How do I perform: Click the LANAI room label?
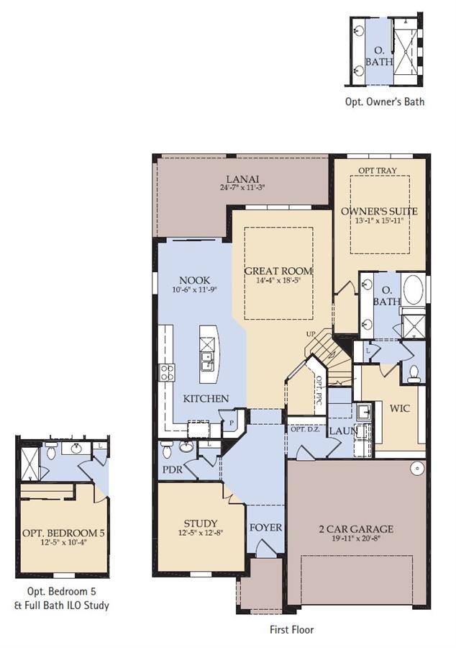click(x=242, y=179)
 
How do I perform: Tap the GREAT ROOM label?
click(x=278, y=271)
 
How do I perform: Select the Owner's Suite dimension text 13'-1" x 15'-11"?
click(x=379, y=221)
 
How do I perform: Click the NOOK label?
click(x=194, y=281)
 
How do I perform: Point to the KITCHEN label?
click(x=206, y=399)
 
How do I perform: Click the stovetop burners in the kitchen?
click(x=167, y=372)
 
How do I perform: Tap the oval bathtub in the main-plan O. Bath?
click(x=413, y=290)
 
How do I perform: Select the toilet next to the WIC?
click(x=413, y=373)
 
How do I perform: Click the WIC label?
click(x=400, y=409)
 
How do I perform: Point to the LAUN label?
click(x=343, y=431)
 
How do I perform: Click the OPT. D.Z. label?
click(x=305, y=430)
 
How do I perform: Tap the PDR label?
click(x=173, y=470)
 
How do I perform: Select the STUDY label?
click(x=201, y=523)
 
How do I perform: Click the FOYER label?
click(x=265, y=528)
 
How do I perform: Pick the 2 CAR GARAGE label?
click(x=356, y=529)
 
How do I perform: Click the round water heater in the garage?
click(x=418, y=468)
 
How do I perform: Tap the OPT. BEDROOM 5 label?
click(x=63, y=533)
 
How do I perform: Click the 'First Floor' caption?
click(x=292, y=630)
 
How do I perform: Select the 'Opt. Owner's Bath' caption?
click(x=385, y=102)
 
